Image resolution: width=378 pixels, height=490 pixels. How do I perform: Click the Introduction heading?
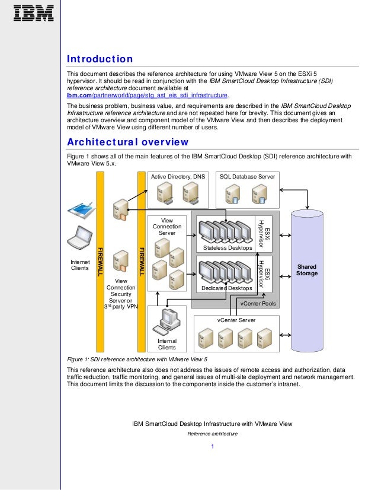(x=100, y=59)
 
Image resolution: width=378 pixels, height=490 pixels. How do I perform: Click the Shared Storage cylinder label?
(x=307, y=270)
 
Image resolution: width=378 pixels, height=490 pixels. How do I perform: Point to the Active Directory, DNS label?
(x=178, y=177)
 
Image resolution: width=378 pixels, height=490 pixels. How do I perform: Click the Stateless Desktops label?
(x=223, y=247)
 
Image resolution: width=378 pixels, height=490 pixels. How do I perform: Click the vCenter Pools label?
(x=257, y=303)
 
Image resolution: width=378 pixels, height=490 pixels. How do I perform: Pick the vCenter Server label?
(x=236, y=320)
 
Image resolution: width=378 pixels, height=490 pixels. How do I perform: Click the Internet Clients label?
(x=79, y=265)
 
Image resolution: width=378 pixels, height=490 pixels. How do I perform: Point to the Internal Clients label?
(x=166, y=344)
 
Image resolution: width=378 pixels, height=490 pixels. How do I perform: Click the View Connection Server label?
(x=167, y=227)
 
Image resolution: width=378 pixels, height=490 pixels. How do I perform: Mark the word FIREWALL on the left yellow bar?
(x=100, y=260)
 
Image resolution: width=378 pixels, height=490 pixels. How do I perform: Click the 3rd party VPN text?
(x=121, y=307)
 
